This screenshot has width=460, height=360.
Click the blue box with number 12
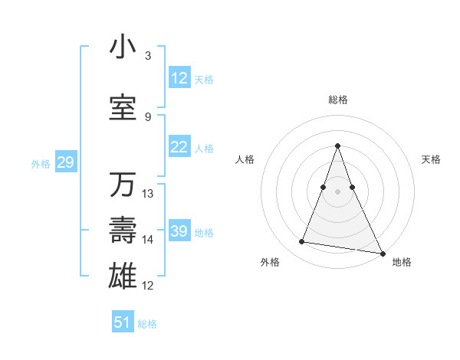pos(179,79)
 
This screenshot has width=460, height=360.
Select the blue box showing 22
pos(179,148)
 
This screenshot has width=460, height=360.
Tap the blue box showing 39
pos(179,232)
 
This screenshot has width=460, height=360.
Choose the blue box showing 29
pos(65,162)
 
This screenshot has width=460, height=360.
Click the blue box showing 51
pos(123,322)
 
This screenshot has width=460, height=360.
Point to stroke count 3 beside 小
pos(148,56)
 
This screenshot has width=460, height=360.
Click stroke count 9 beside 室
pos(148,117)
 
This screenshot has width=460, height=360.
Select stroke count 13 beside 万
pos(148,194)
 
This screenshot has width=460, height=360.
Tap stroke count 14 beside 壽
pos(148,240)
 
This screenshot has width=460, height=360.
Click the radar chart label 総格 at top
pos(338,100)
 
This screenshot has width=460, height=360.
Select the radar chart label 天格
pos(431,159)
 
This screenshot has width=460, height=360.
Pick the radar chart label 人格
pos(245,159)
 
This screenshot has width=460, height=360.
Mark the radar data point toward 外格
pos(302,242)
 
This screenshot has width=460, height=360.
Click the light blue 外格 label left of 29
pos(41,163)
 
